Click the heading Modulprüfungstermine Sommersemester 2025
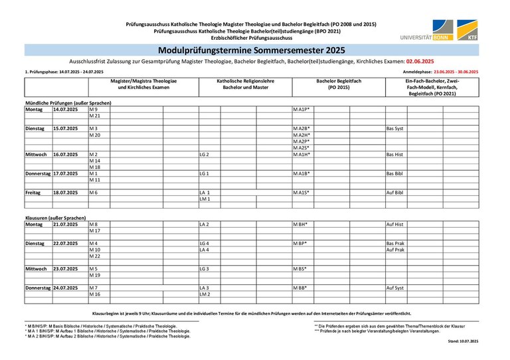252,50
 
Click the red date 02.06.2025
420,61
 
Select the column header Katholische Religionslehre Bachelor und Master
246,84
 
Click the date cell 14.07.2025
66,109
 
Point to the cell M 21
94,116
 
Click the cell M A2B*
301,128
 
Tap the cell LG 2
205,154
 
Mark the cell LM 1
205,199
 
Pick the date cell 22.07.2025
66,244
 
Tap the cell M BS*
299,269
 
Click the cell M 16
94,294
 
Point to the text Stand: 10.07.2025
463,341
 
